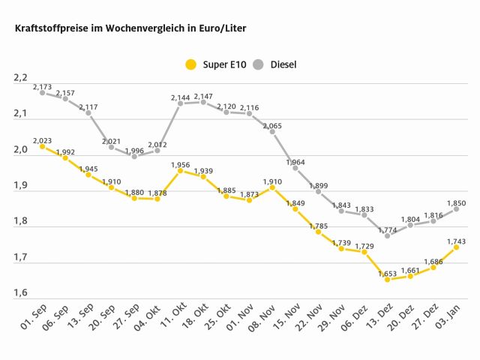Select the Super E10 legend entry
pyautogui.click(x=211, y=64)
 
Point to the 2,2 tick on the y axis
pyautogui.click(x=19, y=78)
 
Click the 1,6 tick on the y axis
pyautogui.click(x=19, y=293)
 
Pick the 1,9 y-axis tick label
pyautogui.click(x=19, y=186)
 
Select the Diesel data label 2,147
pyautogui.click(x=204, y=97)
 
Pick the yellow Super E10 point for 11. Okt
pyautogui.click(x=181, y=170)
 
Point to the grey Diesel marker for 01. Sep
pyautogui.click(x=42, y=92)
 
